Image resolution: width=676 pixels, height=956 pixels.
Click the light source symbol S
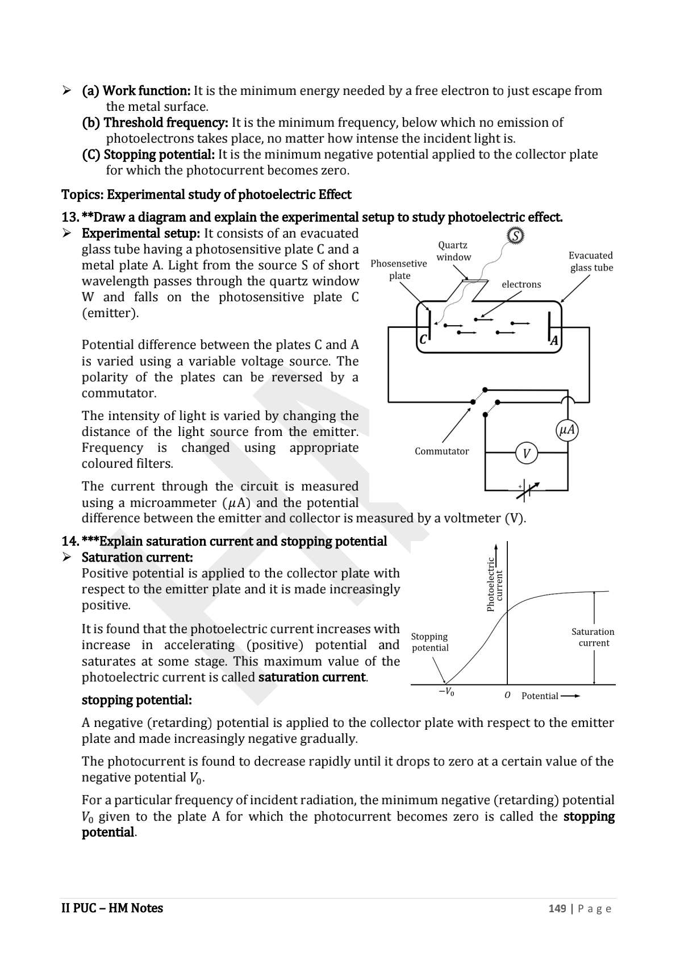click(x=515, y=235)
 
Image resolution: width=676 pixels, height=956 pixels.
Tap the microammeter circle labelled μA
click(x=567, y=430)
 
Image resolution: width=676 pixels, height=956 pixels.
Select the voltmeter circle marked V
click(x=526, y=454)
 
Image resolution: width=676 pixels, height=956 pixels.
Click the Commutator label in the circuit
click(x=441, y=451)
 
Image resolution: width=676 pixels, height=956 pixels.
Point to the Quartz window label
click(x=453, y=251)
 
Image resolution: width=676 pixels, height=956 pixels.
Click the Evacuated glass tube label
click(x=591, y=261)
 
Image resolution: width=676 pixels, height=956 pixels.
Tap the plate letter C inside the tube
click(x=423, y=340)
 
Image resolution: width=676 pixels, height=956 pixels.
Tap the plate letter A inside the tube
click(x=554, y=340)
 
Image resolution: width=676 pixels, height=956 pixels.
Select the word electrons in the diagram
click(x=521, y=284)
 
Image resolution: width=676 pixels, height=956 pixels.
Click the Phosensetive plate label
click(x=399, y=269)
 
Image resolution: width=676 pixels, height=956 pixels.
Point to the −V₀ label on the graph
click(x=446, y=692)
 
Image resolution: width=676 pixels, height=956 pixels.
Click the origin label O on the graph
click(x=507, y=696)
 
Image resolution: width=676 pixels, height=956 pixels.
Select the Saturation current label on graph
click(x=593, y=637)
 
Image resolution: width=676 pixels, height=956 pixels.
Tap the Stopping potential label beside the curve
click(x=429, y=642)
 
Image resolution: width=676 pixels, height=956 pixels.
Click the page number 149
click(x=557, y=908)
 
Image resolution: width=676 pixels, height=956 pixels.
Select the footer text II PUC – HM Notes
click(x=112, y=908)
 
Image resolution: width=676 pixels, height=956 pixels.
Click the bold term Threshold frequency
click(x=155, y=123)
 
